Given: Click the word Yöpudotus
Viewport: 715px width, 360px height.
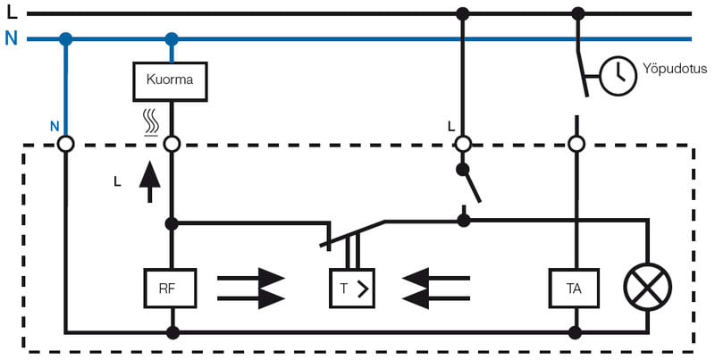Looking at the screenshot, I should pyautogui.click(x=675, y=68).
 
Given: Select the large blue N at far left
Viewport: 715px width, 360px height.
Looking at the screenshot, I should pyautogui.click(x=11, y=39).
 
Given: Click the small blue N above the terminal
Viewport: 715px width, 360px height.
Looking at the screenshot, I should pyautogui.click(x=55, y=126).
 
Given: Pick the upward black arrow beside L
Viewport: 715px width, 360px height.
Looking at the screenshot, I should pyautogui.click(x=149, y=181).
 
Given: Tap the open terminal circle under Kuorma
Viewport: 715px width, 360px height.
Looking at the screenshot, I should pyautogui.click(x=171, y=143).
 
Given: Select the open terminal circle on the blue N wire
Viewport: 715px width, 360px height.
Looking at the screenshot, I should pyautogui.click(x=65, y=143).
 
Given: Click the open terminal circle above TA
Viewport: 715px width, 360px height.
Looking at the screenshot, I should pyautogui.click(x=576, y=143).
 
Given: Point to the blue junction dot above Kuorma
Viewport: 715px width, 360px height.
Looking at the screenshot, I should pyautogui.click(x=171, y=39).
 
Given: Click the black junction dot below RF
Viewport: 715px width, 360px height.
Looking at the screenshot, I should pyautogui.click(x=171, y=332).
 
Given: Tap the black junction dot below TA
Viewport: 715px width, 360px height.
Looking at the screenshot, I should pyautogui.click(x=576, y=332).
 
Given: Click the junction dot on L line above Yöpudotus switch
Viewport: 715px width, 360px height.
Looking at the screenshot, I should pyautogui.click(x=577, y=13).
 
